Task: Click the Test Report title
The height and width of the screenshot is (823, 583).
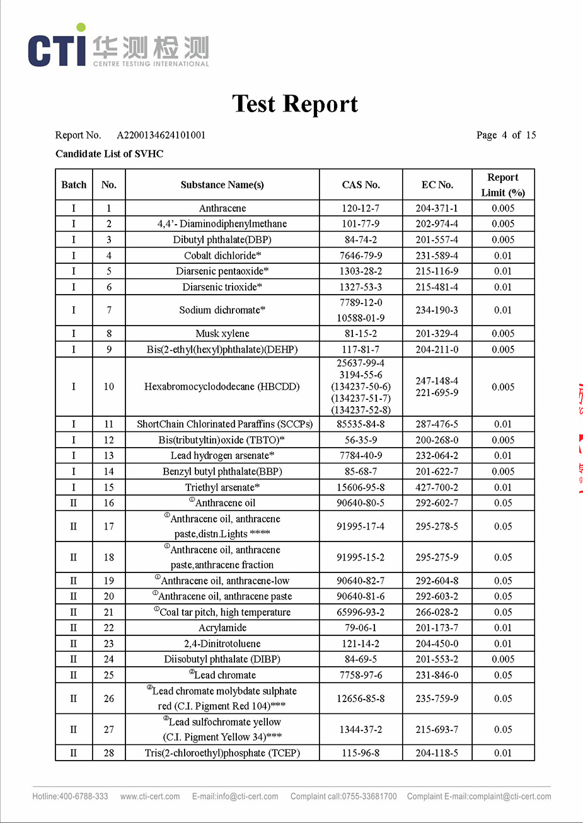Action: [x=295, y=104]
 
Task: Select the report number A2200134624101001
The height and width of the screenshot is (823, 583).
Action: [x=161, y=135]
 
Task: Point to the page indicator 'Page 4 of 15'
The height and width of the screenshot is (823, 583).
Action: [x=506, y=135]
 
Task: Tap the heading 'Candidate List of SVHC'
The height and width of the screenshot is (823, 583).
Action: [x=109, y=154]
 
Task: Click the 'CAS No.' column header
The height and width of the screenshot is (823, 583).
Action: [x=361, y=184]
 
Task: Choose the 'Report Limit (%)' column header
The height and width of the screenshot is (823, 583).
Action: [x=503, y=185]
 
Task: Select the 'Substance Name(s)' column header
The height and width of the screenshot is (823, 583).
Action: [x=222, y=184]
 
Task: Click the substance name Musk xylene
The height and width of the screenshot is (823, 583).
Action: [x=222, y=334]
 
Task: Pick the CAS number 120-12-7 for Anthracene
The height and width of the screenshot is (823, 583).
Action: [x=361, y=208]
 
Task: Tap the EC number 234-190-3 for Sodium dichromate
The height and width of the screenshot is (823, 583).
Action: [x=437, y=310]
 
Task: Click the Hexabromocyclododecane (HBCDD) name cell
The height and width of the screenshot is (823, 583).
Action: [x=222, y=387]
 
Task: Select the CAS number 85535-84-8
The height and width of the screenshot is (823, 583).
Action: [x=361, y=424]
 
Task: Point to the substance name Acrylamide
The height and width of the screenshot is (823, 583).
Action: [x=222, y=628]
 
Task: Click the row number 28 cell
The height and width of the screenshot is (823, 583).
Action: [x=109, y=753]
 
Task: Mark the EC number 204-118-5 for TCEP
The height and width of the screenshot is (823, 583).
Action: [x=437, y=753]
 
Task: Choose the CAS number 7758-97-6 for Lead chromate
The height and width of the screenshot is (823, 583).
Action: [x=361, y=675]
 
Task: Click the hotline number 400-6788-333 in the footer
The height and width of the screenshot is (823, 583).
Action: [x=83, y=797]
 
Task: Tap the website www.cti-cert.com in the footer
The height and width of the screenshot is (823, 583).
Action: [x=150, y=797]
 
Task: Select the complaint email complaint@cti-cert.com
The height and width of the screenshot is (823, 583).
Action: [x=510, y=797]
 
